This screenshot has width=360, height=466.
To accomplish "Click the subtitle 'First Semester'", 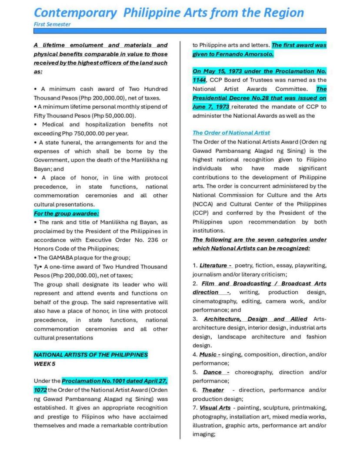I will tap(52, 24).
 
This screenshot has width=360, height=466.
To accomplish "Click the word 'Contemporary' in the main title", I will tap(75, 12).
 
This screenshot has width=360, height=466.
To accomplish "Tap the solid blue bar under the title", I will tap(180, 31).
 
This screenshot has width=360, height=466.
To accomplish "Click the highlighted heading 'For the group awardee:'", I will tap(66, 213).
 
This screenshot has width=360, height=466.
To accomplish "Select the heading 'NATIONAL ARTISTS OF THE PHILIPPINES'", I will tap(90, 355).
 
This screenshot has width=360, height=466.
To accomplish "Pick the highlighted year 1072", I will tap(40, 390).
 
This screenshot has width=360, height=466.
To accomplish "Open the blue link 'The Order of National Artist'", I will tap(231, 133).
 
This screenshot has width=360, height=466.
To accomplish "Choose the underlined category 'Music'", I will tap(210, 354).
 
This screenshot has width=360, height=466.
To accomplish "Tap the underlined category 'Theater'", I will tap(213, 390).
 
